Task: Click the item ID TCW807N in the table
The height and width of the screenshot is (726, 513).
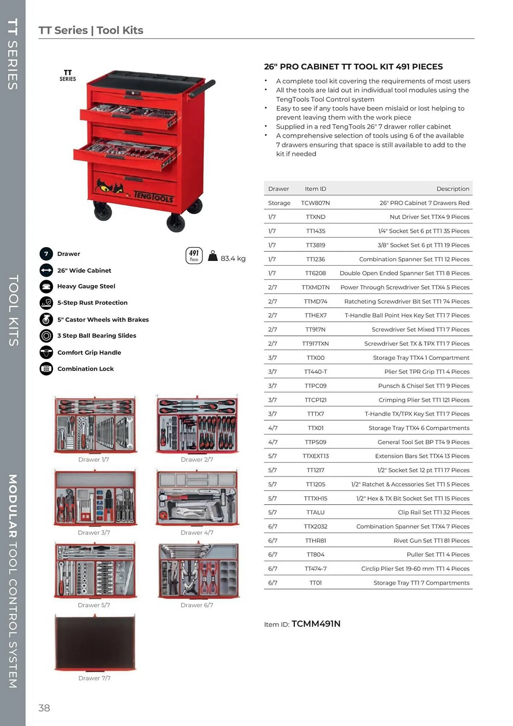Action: [x=315, y=203]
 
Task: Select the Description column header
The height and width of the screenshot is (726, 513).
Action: [x=452, y=189]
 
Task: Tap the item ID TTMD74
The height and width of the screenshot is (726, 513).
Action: [x=315, y=301]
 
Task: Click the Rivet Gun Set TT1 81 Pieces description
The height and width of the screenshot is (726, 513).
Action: [x=431, y=541]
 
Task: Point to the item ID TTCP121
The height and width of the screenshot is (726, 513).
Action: [x=315, y=400]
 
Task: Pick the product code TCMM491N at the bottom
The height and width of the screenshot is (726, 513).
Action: [x=316, y=624]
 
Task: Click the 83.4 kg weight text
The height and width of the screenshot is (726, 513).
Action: [x=233, y=258]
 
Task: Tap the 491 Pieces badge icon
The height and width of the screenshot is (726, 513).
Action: [x=194, y=256]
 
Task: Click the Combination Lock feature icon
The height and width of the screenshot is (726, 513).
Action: [x=46, y=369]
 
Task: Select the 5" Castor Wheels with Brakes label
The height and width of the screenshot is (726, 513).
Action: [x=103, y=319]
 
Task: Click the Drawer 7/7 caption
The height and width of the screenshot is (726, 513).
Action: [x=94, y=678]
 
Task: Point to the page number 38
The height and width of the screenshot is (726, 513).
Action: [x=44, y=708]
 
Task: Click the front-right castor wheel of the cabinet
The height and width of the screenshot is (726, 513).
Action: [x=176, y=222]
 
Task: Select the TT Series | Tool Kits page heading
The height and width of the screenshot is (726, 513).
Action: [x=91, y=30]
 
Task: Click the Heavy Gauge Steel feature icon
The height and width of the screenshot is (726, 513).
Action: [x=46, y=286]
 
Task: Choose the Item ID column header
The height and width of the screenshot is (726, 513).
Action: [x=315, y=189]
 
